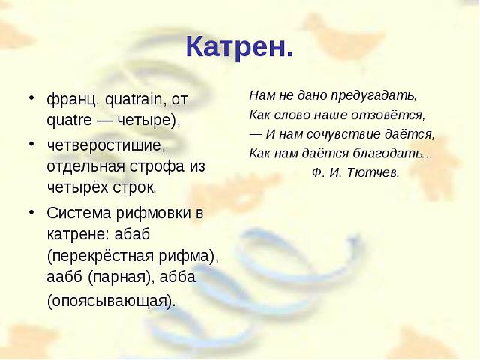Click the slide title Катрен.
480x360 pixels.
click(240, 46)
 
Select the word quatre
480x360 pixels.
click(69, 121)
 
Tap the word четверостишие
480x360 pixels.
click(106, 145)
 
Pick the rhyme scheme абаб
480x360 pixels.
click(132, 234)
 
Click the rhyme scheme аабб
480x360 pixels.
click(65, 277)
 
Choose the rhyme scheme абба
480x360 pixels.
click(178, 277)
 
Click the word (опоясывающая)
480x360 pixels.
click(112, 301)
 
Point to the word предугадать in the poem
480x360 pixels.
click(373, 96)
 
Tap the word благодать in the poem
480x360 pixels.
click(392, 153)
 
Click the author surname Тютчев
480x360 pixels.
click(373, 173)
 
